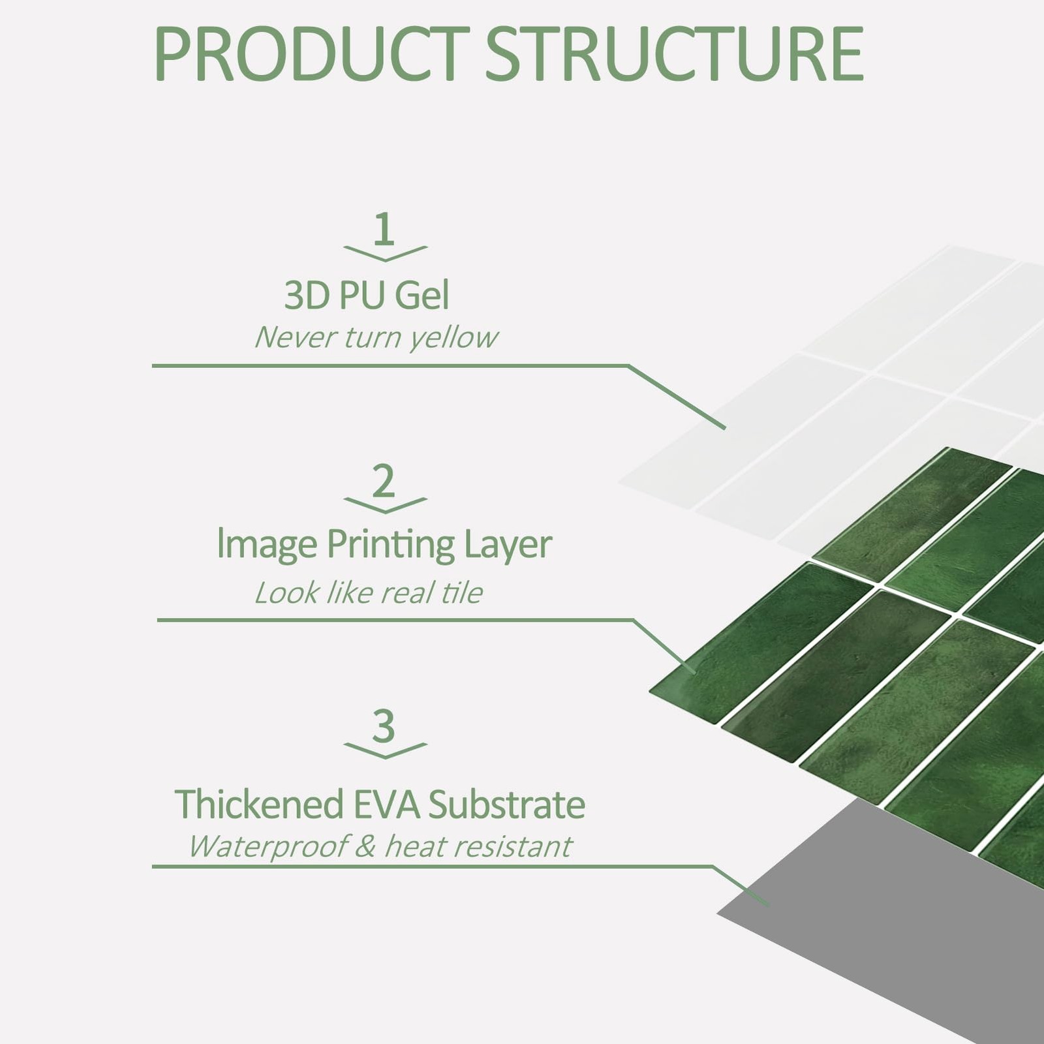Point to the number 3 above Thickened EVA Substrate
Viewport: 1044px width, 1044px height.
(x=384, y=726)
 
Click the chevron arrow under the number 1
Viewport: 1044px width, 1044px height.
(x=385, y=253)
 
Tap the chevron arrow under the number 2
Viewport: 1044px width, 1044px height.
(x=385, y=505)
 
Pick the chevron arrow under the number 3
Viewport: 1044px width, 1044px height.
(x=385, y=750)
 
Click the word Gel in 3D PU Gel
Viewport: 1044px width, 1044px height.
(x=422, y=295)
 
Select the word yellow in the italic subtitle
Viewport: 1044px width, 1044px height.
(x=453, y=338)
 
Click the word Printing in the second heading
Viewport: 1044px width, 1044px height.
(x=390, y=545)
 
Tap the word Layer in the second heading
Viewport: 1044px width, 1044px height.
(x=508, y=545)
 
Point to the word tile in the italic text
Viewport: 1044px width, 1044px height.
(x=462, y=592)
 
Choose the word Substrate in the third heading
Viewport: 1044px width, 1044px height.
(x=506, y=804)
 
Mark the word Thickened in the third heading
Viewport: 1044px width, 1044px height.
(x=259, y=804)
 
